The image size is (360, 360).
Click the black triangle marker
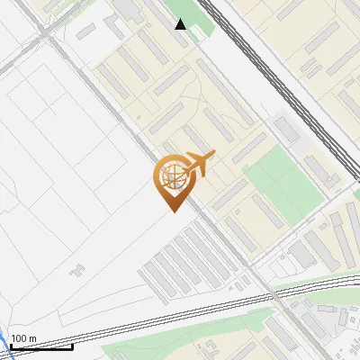coord(181,24)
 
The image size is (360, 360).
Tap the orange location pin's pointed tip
coord(173,211)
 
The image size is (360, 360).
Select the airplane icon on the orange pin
coord(199,165)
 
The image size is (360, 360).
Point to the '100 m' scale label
coord(24,338)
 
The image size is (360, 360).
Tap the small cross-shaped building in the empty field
coord(79,267)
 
